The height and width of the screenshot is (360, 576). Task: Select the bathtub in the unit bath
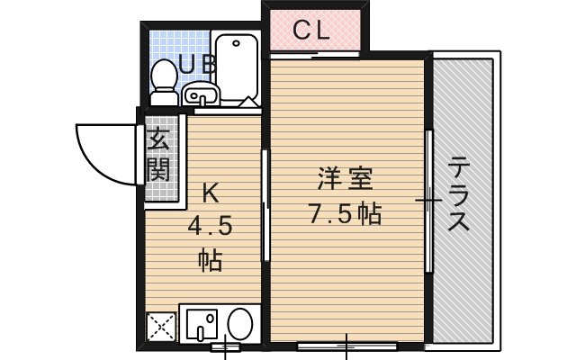click(x=237, y=68)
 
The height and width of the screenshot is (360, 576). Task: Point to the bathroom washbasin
click(x=200, y=94)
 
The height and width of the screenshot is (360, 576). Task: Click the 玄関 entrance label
click(x=159, y=155)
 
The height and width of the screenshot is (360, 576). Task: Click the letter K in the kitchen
click(x=209, y=193)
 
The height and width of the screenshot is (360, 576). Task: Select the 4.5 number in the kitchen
click(x=210, y=226)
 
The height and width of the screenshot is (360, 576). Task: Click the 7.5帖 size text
click(x=344, y=214)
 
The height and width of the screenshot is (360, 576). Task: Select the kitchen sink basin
click(x=201, y=325)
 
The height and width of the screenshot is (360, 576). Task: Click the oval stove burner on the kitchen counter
click(x=239, y=322)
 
